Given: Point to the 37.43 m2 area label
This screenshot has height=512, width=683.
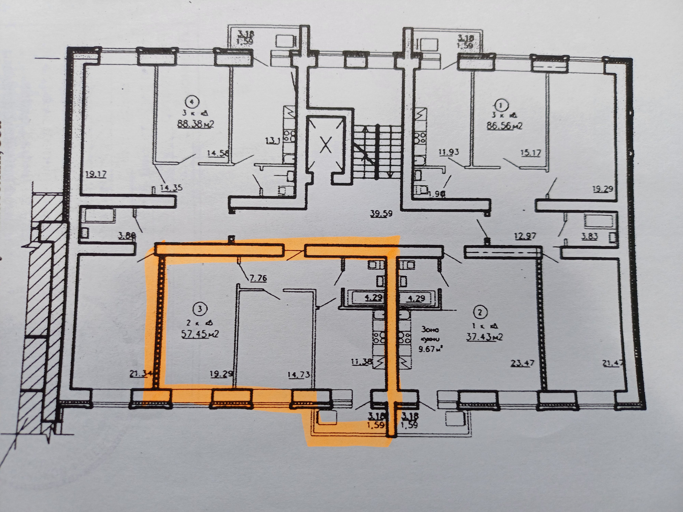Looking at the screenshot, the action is click(x=484, y=336).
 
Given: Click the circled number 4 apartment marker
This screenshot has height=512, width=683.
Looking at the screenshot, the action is click(x=192, y=102).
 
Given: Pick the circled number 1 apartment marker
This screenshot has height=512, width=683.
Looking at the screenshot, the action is click(x=501, y=105).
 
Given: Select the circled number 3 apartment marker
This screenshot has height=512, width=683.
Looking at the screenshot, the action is click(x=200, y=309).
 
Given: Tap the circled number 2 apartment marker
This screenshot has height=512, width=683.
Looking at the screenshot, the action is click(x=480, y=313).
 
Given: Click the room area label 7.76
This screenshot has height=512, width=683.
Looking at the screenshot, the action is click(x=258, y=278).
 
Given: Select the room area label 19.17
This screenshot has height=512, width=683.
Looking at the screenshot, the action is click(x=96, y=174).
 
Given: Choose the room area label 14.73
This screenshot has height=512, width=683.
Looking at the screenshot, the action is click(x=299, y=374).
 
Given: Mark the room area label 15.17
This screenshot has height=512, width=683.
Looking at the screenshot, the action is click(x=530, y=153).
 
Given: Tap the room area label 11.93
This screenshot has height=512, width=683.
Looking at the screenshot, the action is click(x=449, y=152).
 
